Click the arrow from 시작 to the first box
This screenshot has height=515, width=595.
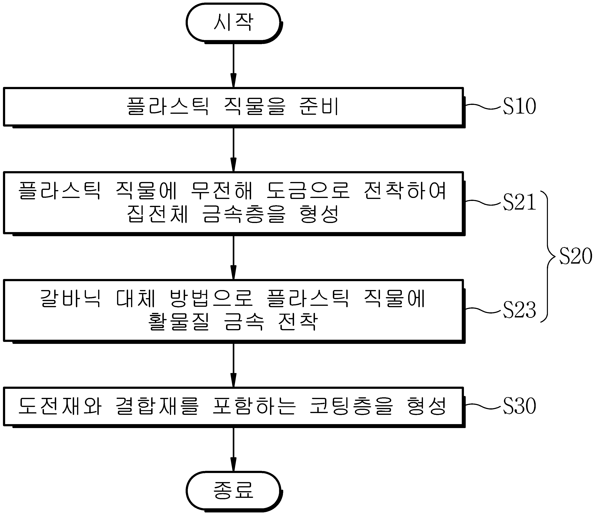234,65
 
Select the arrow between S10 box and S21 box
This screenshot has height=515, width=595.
234,150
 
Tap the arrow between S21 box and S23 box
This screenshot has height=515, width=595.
234,257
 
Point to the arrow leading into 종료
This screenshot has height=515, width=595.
234,450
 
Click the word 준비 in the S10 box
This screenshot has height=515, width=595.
319,106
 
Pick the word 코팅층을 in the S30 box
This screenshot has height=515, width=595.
351,406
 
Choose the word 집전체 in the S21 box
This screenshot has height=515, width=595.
158,214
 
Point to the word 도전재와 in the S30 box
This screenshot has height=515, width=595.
60,406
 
